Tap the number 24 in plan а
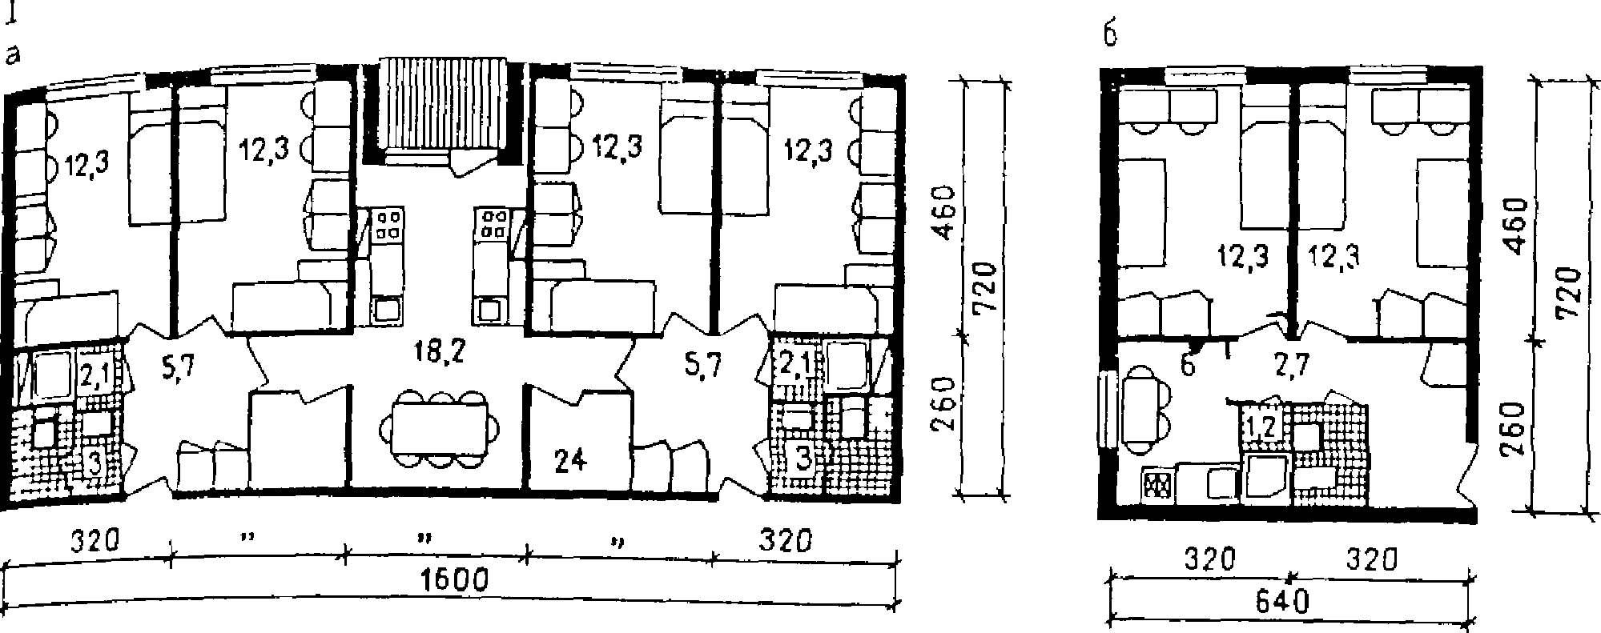point(570,461)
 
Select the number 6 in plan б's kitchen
point(1187,365)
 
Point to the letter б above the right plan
point(1109,37)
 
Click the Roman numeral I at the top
point(10,15)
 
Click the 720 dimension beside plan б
point(1571,294)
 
